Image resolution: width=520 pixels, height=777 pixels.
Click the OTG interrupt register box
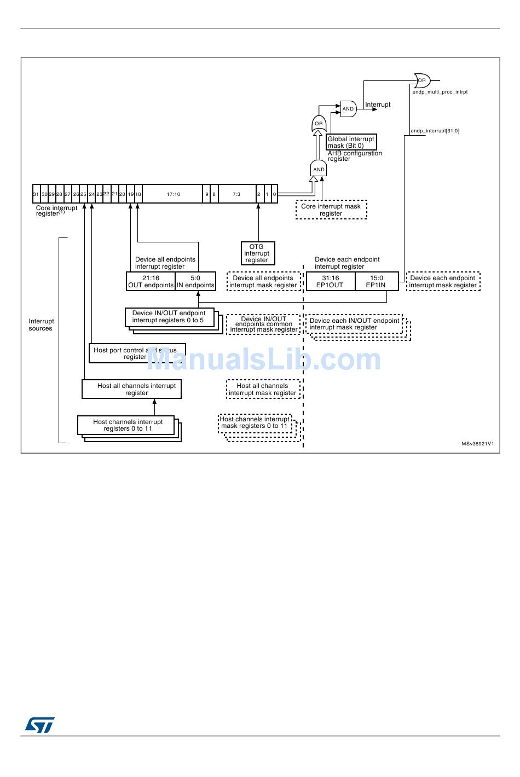click(257, 253)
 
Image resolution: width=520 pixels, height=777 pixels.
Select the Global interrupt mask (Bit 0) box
click(351, 142)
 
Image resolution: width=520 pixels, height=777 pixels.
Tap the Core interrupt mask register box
click(331, 210)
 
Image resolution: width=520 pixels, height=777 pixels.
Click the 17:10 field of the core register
click(173, 194)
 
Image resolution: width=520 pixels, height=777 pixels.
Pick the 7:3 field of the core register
click(236, 194)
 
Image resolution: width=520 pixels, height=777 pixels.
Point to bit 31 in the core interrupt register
click(36, 194)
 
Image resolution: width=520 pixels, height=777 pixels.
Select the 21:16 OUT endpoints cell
click(151, 281)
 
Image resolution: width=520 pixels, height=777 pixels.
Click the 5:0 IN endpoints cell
click(195, 281)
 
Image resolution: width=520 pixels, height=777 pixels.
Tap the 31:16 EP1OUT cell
click(330, 281)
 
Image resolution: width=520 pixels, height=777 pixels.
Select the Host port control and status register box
click(137, 353)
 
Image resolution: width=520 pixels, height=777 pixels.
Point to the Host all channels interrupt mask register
click(263, 389)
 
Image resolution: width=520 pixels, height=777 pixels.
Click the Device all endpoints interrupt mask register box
click(263, 281)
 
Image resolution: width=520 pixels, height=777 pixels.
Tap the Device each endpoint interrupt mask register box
click(443, 281)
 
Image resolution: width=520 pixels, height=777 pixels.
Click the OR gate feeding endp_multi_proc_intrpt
click(421, 80)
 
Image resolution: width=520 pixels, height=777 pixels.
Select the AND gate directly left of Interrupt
click(348, 109)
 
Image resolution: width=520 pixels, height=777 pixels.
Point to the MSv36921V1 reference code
click(477, 444)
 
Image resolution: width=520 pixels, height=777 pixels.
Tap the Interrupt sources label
click(41, 324)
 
